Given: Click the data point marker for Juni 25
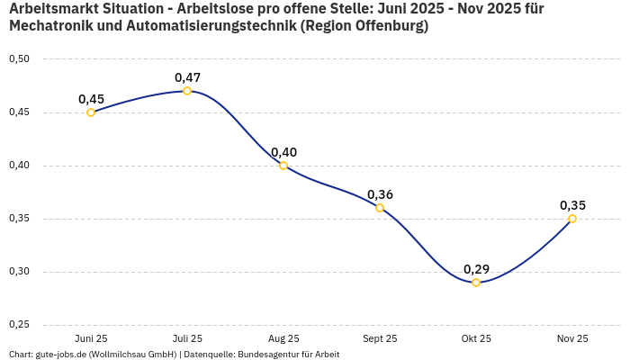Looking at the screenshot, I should [x=91, y=112].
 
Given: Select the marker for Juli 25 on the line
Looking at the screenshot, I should [x=187, y=91].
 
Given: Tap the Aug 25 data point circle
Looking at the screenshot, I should [x=283, y=166].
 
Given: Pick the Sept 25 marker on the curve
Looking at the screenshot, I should [x=380, y=208].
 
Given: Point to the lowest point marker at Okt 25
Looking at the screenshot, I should [x=476, y=283].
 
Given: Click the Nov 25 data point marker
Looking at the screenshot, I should [x=572, y=219].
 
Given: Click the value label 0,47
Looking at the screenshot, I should [x=187, y=77].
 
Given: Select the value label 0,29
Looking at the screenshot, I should [x=476, y=269].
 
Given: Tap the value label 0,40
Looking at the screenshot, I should [x=283, y=152].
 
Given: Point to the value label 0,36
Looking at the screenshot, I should [x=380, y=194].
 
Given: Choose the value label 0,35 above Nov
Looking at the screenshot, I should [x=572, y=205].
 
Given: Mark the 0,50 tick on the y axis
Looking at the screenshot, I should [x=19, y=59].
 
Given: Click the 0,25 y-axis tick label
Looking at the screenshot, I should [x=19, y=325].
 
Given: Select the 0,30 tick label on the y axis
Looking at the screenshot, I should [x=19, y=272].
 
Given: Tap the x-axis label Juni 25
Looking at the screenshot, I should [x=91, y=338].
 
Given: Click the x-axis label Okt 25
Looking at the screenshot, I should [x=476, y=338].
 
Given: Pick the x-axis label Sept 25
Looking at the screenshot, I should [x=380, y=338].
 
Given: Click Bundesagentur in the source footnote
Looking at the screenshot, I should [x=269, y=354].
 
